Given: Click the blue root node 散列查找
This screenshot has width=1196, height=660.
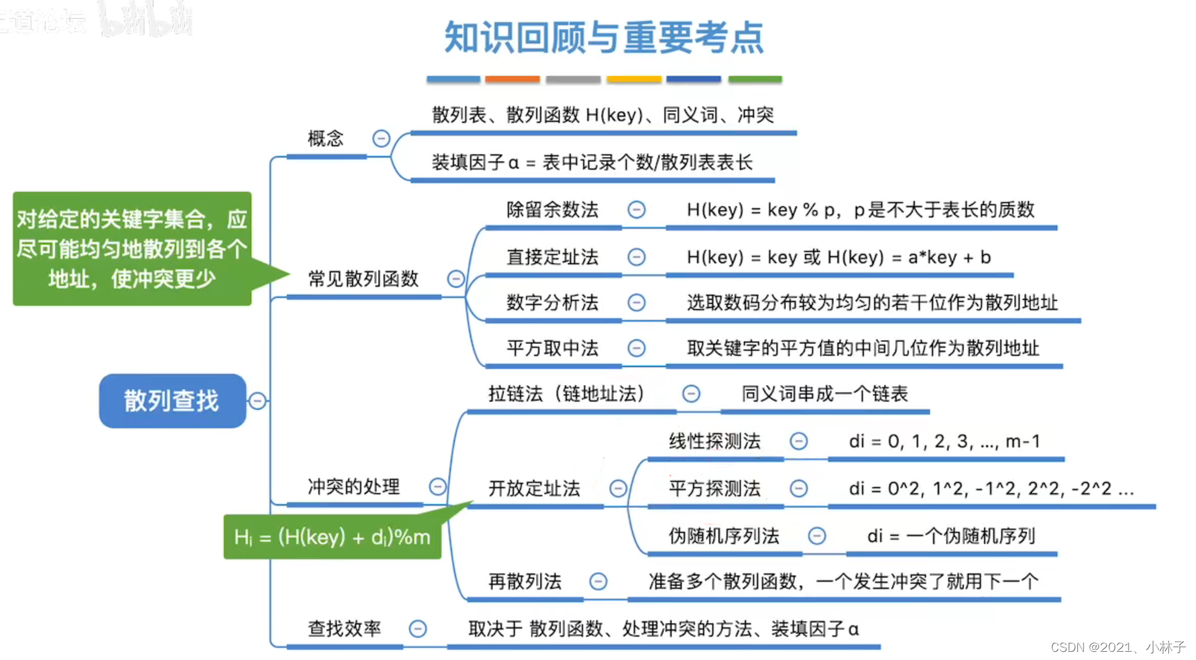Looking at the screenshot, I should (x=172, y=401).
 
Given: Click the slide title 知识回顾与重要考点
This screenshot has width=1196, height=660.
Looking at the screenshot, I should (x=604, y=38).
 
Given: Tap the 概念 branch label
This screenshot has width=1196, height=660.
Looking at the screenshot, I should (x=326, y=139).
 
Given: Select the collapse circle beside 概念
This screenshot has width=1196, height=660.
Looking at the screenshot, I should (x=381, y=139).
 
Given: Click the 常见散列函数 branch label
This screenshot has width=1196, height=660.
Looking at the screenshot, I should (x=363, y=279).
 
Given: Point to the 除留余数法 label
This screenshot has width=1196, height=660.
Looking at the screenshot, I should (x=552, y=210).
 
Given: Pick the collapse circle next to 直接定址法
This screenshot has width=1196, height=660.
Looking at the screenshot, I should (x=636, y=257).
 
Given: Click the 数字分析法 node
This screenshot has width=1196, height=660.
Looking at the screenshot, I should (x=552, y=303).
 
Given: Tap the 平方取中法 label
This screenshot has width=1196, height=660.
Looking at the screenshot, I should (x=552, y=348).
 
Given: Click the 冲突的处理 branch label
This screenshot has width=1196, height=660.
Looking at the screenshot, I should (x=353, y=486).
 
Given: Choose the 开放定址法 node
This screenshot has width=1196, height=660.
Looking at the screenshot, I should (x=534, y=488).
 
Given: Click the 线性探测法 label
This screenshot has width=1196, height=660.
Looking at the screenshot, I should (x=714, y=442).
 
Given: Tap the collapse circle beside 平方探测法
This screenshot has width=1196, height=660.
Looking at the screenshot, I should (x=799, y=488).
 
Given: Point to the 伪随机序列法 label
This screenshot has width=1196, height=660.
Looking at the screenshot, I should (x=724, y=536).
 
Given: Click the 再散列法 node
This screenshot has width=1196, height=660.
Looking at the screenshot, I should (x=524, y=581).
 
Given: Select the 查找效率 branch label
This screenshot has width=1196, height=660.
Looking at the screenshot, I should (x=345, y=629).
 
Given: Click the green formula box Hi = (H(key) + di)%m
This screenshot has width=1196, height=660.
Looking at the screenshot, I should (x=332, y=537).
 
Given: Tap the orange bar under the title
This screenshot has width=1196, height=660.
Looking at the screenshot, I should (x=512, y=79).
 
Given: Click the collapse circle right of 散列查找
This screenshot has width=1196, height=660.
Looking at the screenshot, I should (x=257, y=401).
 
